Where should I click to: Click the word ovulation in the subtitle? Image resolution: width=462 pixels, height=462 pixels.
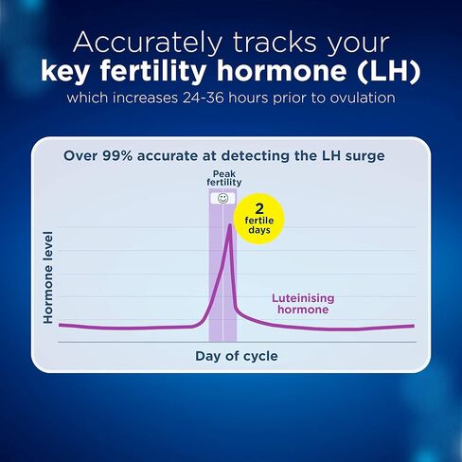[364, 98]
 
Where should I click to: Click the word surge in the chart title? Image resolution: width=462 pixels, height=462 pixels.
[365, 155]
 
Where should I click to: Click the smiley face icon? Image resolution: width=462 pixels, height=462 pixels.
[222, 199]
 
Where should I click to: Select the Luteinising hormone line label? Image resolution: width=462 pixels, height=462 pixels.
[303, 303]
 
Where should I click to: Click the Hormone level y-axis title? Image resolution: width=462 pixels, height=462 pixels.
[47, 276]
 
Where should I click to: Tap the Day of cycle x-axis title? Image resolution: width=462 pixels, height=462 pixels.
[237, 356]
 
